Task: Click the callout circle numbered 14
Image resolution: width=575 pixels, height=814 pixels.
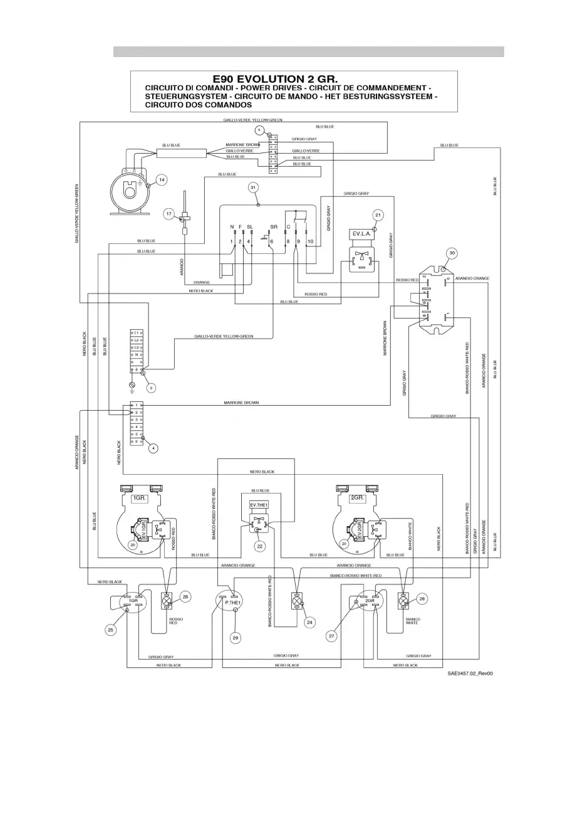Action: point(161,180)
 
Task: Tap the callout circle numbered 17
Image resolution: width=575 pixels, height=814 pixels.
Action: point(169,214)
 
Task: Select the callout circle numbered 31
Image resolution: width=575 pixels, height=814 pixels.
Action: point(253,188)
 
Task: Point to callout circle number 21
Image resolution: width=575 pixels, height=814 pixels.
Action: point(378,215)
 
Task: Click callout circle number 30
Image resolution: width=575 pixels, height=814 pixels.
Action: point(452,253)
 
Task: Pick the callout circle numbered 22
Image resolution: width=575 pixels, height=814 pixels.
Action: point(259,546)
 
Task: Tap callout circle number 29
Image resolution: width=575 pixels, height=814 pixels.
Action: point(236,638)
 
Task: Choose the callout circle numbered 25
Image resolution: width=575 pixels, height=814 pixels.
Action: point(110,630)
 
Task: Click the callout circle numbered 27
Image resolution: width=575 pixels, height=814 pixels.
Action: point(331,636)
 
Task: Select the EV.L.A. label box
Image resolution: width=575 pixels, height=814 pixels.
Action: point(363,235)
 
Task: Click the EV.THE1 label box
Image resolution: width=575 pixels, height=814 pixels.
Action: point(259,505)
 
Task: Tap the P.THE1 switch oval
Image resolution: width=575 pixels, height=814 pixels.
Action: point(233,601)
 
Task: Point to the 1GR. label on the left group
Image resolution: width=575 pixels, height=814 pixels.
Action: point(139,497)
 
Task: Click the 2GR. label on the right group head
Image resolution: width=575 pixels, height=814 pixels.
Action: point(357,497)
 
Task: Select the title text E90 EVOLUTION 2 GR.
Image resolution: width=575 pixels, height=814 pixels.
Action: point(275,79)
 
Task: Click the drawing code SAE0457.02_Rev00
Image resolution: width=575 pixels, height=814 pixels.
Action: point(470,674)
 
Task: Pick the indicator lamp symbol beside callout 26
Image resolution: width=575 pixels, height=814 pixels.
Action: point(167,601)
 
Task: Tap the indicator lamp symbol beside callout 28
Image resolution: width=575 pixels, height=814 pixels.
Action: point(403,601)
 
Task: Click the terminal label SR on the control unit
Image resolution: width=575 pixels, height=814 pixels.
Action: point(274,226)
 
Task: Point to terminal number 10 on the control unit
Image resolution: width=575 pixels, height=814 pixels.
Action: point(310,241)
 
